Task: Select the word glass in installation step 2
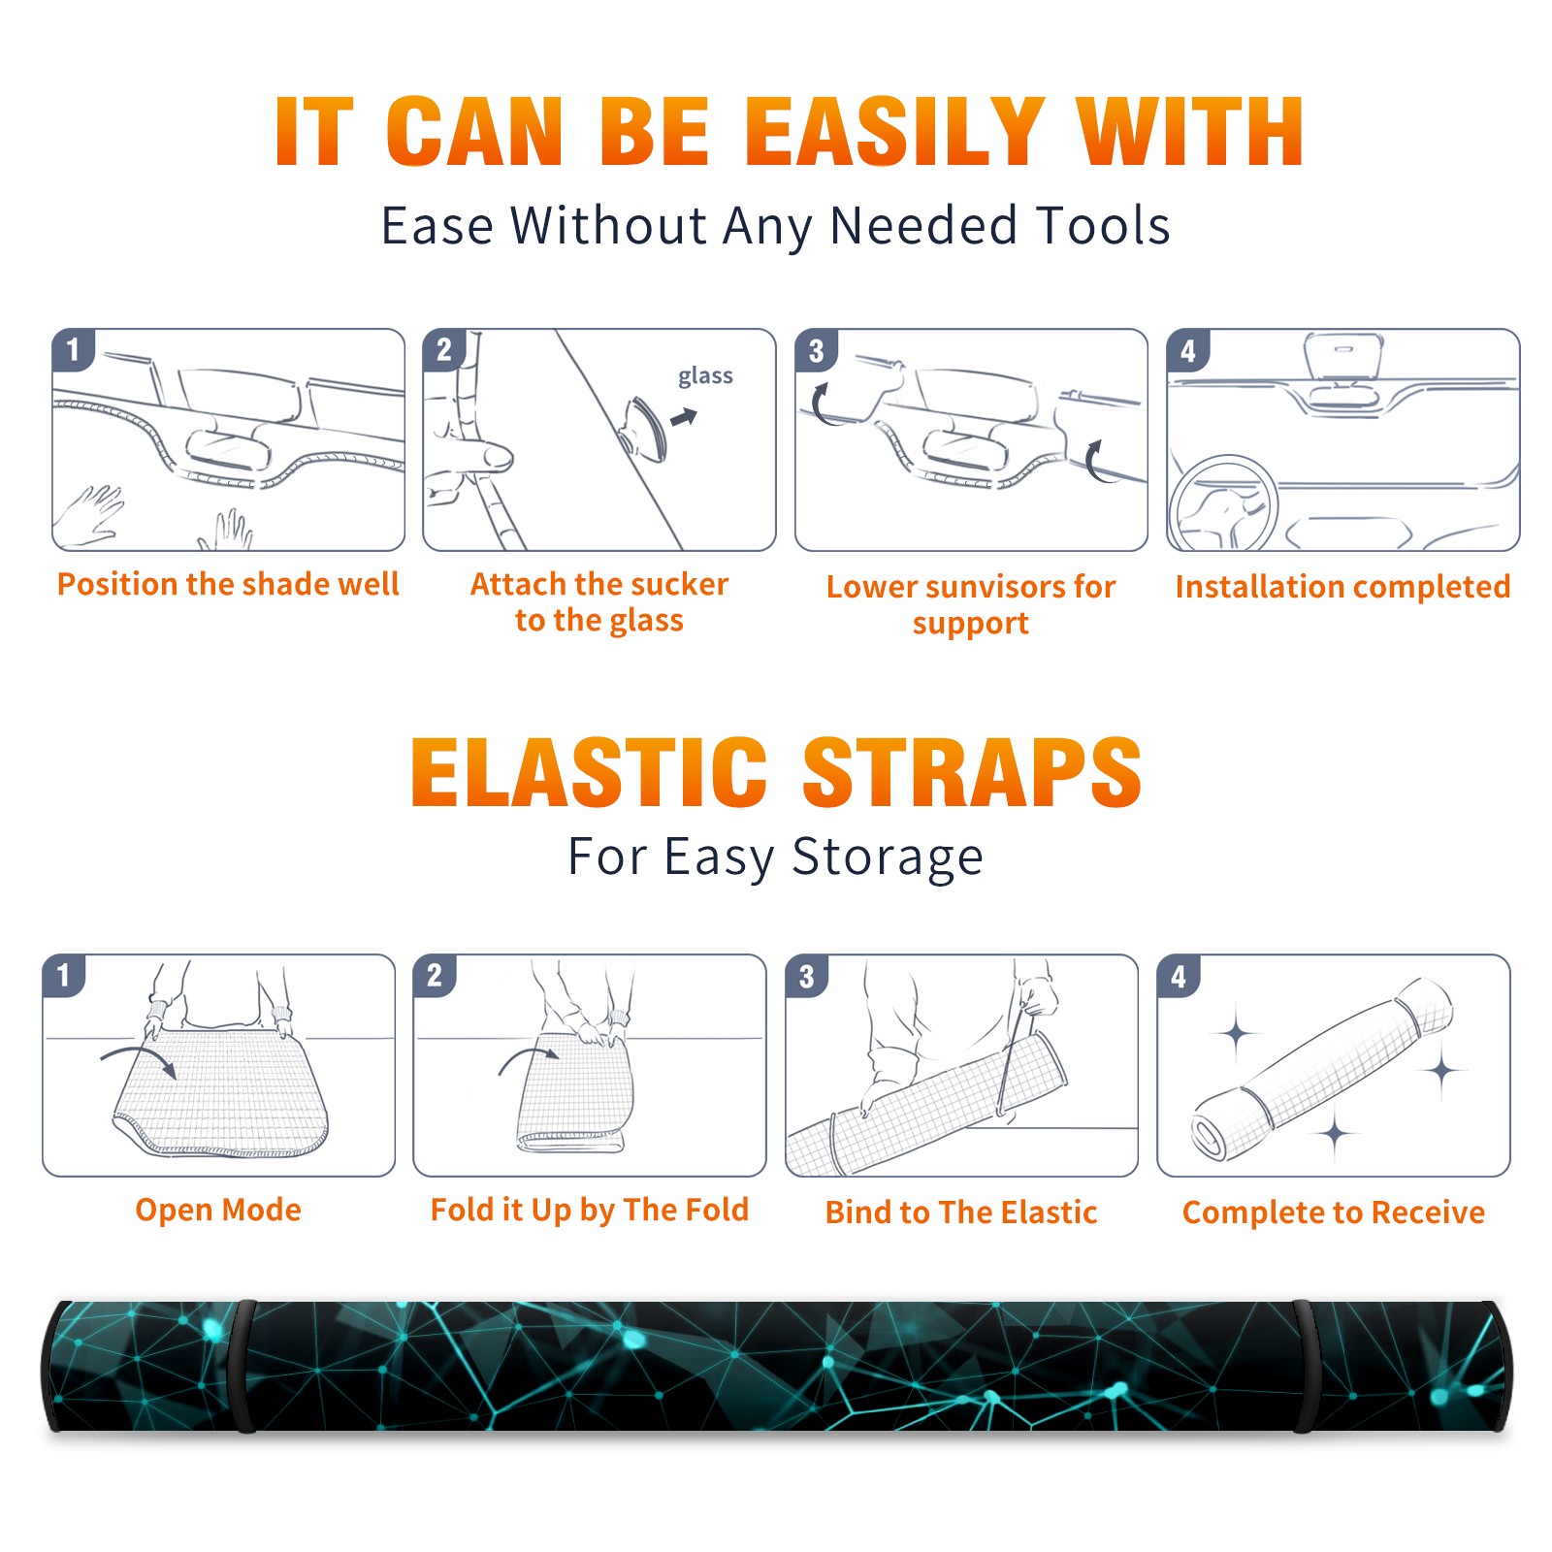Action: pyautogui.click(x=705, y=376)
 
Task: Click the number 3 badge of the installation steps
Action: pyautogui.click(x=816, y=350)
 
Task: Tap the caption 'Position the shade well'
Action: pyautogui.click(x=228, y=584)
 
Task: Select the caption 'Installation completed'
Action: pyautogui.click(x=1342, y=587)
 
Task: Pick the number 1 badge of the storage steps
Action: pyautogui.click(x=64, y=976)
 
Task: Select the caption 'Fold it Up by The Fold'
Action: pyautogui.click(x=590, y=1210)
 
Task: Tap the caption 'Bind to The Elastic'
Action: pyautogui.click(x=961, y=1212)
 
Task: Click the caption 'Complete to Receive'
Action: pyautogui.click(x=1334, y=1212)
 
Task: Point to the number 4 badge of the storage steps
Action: pyautogui.click(x=1179, y=976)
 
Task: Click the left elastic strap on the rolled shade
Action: pyautogui.click(x=242, y=1366)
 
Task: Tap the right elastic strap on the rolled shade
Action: pyautogui.click(x=1305, y=1366)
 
